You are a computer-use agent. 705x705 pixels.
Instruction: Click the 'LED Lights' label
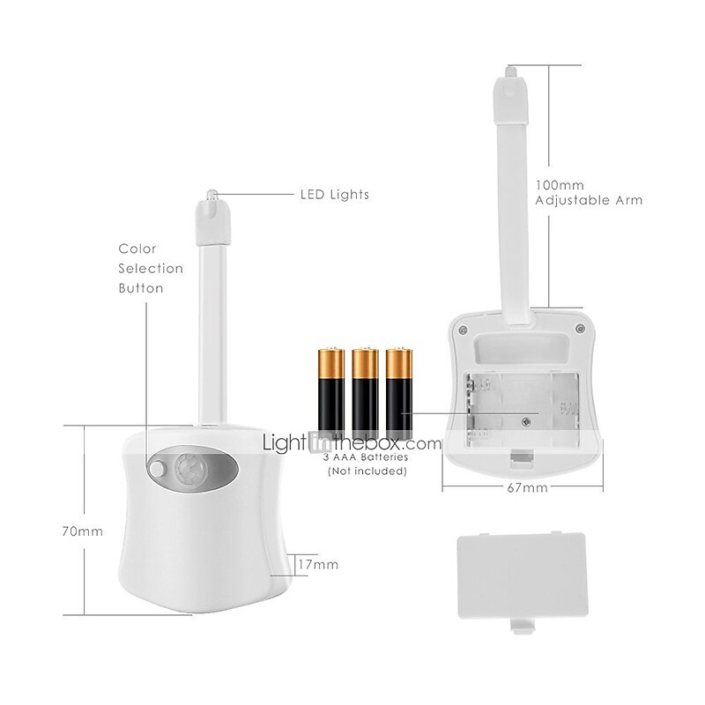pyautogui.click(x=335, y=195)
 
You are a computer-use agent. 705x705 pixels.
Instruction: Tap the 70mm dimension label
pyautogui.click(x=83, y=531)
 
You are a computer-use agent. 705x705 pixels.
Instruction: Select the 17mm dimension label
pyautogui.click(x=318, y=564)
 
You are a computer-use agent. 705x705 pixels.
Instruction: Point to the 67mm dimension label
pyautogui.click(x=527, y=488)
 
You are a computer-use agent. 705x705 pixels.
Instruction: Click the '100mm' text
pyautogui.click(x=560, y=185)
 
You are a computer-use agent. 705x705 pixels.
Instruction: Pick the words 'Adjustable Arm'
pyautogui.click(x=589, y=201)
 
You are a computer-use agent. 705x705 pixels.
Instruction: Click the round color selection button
pyautogui.click(x=158, y=469)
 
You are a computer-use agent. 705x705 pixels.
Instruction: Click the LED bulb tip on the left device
pyautogui.click(x=211, y=195)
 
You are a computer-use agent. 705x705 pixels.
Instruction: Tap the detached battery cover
pyautogui.click(x=522, y=579)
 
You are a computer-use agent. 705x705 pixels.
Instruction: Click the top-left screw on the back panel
pyautogui.click(x=464, y=330)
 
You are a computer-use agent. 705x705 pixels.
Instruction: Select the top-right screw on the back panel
pyautogui.click(x=580, y=329)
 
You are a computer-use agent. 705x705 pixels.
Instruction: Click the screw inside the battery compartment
pyautogui.click(x=525, y=421)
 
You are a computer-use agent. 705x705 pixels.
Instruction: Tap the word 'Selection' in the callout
pyautogui.click(x=151, y=269)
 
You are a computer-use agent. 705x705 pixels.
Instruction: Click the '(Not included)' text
pyautogui.click(x=367, y=471)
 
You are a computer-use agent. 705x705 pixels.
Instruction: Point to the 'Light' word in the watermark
pyautogui.click(x=285, y=443)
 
